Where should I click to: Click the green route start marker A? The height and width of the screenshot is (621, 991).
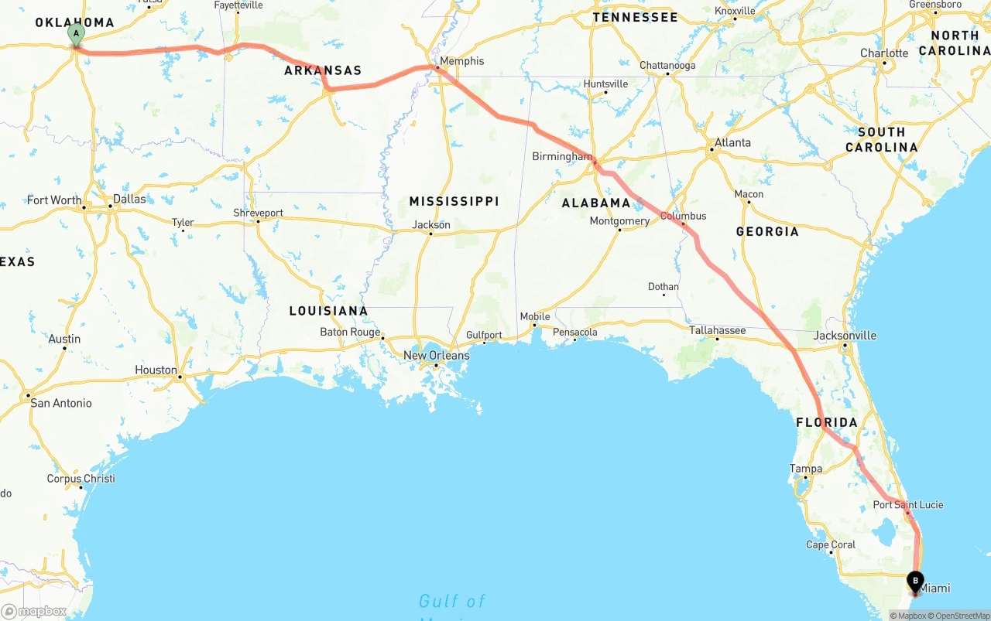pyautogui.click(x=76, y=33)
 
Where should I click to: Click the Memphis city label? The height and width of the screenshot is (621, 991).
pyautogui.click(x=461, y=61)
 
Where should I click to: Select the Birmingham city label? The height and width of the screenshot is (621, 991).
pyautogui.click(x=562, y=156)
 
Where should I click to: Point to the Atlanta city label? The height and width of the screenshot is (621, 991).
pyautogui.click(x=732, y=142)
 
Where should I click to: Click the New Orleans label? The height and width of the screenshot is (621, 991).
pyautogui.click(x=436, y=356)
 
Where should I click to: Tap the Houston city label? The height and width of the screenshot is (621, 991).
pyautogui.click(x=156, y=370)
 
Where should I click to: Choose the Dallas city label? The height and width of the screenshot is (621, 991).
pyautogui.click(x=129, y=199)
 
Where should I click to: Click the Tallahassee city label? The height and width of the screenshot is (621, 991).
pyautogui.click(x=718, y=330)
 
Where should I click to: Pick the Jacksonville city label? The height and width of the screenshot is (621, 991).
pyautogui.click(x=845, y=335)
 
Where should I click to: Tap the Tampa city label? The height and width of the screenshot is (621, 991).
pyautogui.click(x=806, y=469)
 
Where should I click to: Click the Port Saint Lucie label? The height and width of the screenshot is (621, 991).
pyautogui.click(x=908, y=505)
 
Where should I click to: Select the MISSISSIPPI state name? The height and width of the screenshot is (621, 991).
pyautogui.click(x=454, y=201)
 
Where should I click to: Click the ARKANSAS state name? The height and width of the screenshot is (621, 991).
pyautogui.click(x=323, y=70)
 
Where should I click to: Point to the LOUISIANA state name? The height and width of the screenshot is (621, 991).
pyautogui.click(x=328, y=311)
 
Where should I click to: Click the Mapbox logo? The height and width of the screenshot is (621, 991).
pyautogui.click(x=34, y=612)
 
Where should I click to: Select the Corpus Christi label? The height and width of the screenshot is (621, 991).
pyautogui.click(x=81, y=479)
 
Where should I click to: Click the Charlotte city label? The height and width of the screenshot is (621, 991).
pyautogui.click(x=884, y=53)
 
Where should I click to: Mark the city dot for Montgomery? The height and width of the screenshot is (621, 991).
pyautogui.click(x=619, y=230)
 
